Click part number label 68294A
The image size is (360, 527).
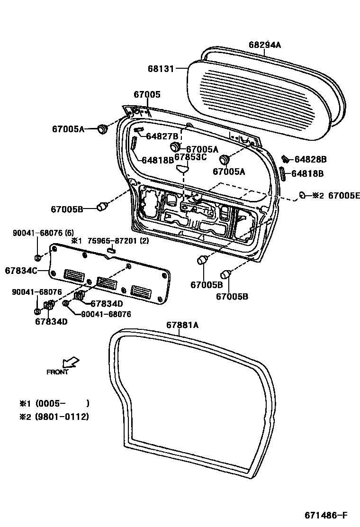coord(265,45)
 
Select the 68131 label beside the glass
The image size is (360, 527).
coord(161,68)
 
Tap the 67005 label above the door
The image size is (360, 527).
coord(147,95)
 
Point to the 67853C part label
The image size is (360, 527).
coord(190,157)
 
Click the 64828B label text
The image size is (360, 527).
coord(310,160)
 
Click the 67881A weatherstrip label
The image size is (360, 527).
coord(182,325)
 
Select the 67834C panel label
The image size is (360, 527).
coord(21,271)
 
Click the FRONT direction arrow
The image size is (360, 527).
coord(72,363)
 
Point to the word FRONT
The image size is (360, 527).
coord(57,372)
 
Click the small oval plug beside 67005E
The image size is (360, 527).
coord(302,195)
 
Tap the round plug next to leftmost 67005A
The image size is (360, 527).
coord(102,128)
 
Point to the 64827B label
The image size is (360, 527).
coord(162,136)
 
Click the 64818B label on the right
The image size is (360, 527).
coord(307,174)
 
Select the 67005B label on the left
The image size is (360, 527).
coord(67,209)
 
